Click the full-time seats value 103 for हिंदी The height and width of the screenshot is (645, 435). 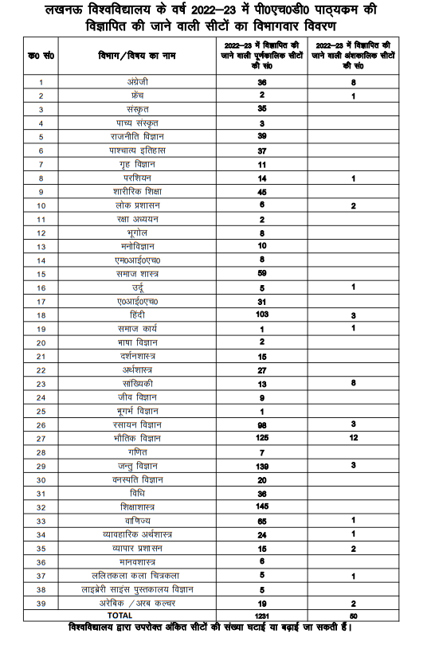pos(261,315)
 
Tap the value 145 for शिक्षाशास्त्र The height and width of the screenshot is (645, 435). pos(261,506)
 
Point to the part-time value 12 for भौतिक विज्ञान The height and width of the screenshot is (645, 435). pos(352,438)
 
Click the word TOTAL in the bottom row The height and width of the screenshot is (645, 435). pos(120,616)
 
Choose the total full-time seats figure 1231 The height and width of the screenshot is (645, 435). pos(261,616)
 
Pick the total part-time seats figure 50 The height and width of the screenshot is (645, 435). pos(352,616)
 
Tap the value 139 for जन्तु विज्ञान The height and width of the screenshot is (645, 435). pos(261,465)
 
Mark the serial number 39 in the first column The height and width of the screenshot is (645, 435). pos(41,603)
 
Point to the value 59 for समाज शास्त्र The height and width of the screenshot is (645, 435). pos(261,273)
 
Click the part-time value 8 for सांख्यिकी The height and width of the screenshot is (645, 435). pos(352,383)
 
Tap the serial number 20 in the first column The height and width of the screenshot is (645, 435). pos(41,342)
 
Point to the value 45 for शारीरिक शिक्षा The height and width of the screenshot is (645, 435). pos(261,191)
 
